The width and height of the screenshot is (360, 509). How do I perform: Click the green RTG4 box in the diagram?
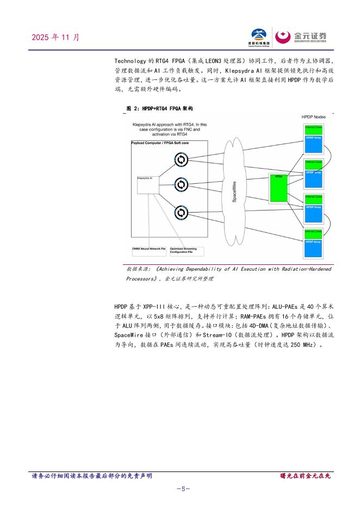pyautogui.click(x=280, y=187)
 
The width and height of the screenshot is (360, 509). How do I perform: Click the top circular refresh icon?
pyautogui.click(x=181, y=159)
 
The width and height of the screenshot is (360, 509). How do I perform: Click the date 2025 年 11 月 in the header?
pyautogui.click(x=56, y=38)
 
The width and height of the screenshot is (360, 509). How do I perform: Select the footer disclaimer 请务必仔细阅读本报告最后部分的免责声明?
pyautogui.click(x=92, y=476)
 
